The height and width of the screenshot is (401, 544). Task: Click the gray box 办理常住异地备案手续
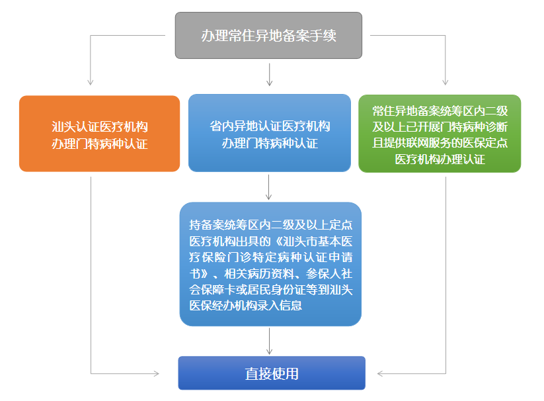click(x=268, y=35)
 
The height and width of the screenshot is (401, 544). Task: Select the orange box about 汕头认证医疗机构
click(x=99, y=134)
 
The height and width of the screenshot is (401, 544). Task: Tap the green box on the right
click(x=440, y=134)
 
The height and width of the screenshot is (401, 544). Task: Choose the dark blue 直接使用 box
click(x=272, y=373)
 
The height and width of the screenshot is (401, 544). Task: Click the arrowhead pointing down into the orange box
click(x=91, y=82)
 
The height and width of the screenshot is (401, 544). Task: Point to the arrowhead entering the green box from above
click(x=446, y=82)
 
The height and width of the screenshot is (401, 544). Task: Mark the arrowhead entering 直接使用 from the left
click(x=155, y=374)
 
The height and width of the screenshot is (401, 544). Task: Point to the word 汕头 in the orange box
click(x=64, y=126)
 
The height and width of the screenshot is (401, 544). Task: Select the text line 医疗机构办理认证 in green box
click(x=440, y=159)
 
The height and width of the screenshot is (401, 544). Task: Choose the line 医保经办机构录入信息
click(x=245, y=305)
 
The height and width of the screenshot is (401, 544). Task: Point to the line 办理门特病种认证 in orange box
click(x=99, y=143)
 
